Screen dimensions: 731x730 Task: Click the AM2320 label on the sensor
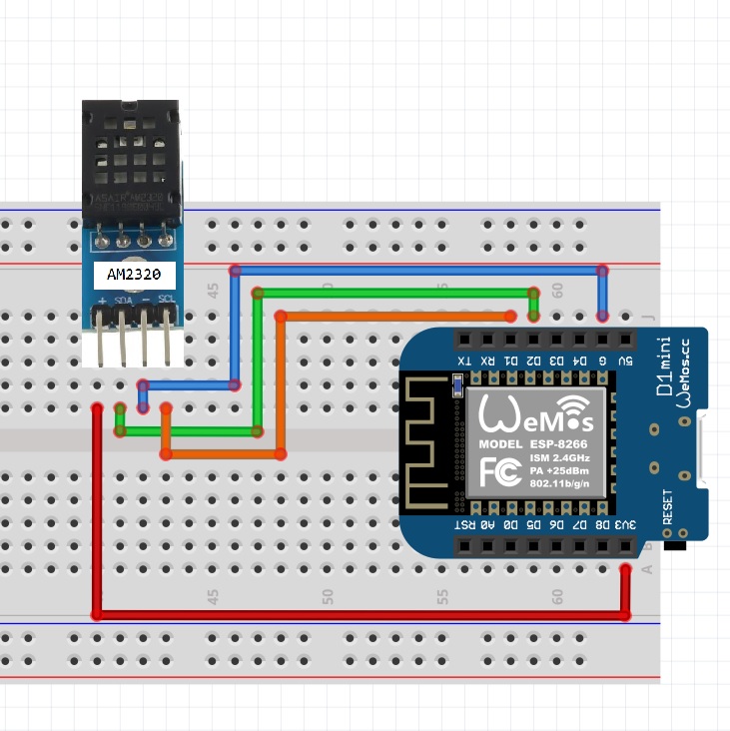tap(134, 274)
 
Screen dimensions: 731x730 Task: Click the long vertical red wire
tap(98, 509)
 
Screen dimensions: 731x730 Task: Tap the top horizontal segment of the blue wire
tap(419, 270)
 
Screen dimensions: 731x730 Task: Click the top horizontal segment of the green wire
tap(394, 293)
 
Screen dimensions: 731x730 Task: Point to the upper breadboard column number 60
tap(558, 291)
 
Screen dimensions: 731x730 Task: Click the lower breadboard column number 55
tap(442, 595)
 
